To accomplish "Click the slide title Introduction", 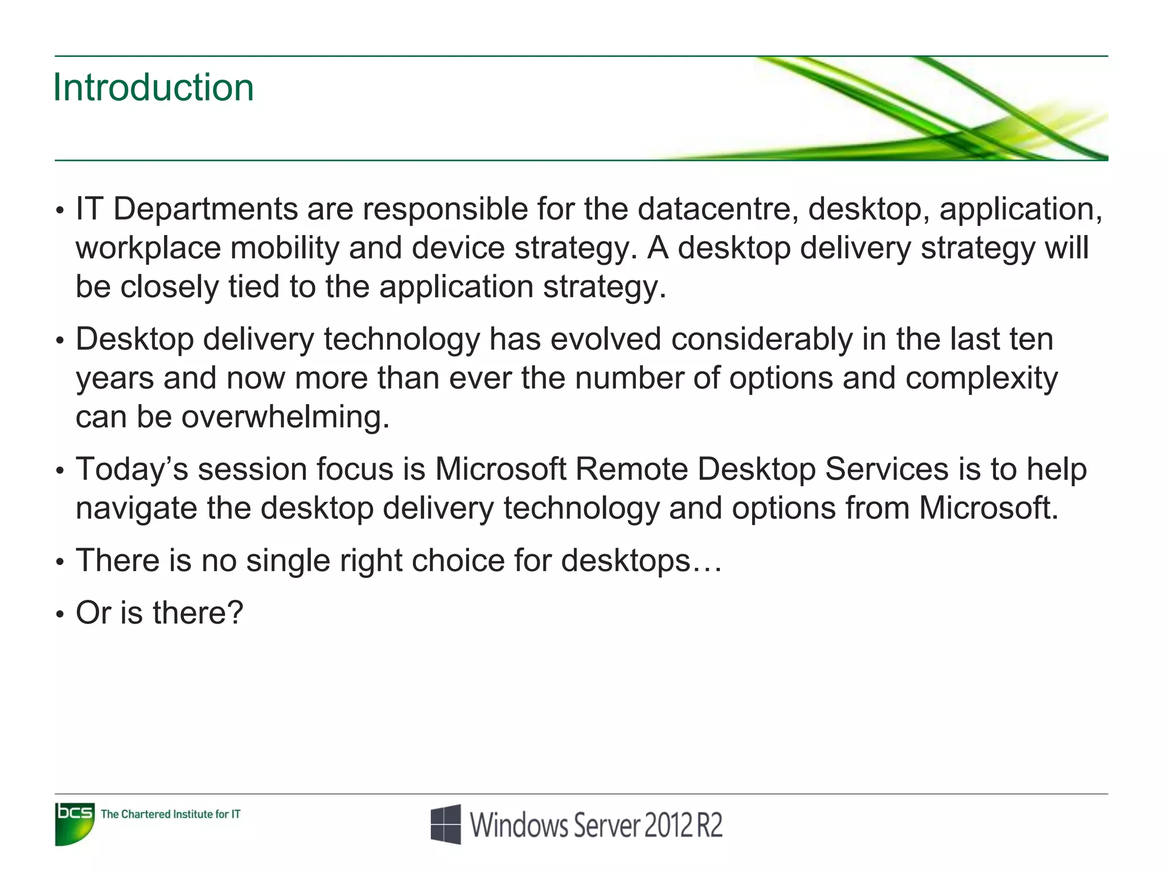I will click(x=153, y=88).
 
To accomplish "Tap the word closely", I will click(x=169, y=287).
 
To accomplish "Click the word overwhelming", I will click(x=285, y=417).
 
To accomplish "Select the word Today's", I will click(x=132, y=469).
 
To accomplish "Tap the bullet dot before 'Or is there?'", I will click(x=60, y=615).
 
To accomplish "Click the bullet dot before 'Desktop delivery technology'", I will click(x=60, y=341).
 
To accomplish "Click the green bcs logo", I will click(x=75, y=823).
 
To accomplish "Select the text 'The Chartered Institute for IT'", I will click(x=170, y=814).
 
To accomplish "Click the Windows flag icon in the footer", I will click(x=446, y=824).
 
